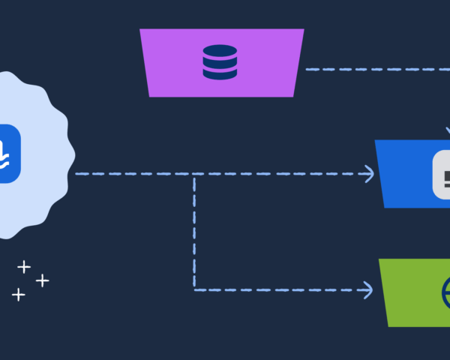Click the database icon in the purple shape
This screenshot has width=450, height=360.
click(220, 62)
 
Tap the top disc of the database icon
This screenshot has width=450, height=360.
click(220, 51)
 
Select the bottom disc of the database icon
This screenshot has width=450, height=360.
click(220, 73)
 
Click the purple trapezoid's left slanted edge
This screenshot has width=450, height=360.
click(145, 63)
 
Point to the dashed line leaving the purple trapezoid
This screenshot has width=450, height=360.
click(375, 69)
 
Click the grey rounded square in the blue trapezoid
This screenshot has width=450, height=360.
click(442, 175)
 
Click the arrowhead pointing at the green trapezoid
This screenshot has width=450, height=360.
click(367, 289)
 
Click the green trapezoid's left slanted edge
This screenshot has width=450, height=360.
click(383, 292)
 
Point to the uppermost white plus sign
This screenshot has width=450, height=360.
click(24, 266)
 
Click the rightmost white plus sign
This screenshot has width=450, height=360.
click(43, 280)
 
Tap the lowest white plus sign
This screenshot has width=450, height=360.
click(19, 295)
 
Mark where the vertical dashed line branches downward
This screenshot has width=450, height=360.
click(195, 175)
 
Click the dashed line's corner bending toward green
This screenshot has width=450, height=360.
click(195, 289)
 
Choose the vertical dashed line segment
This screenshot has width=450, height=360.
click(195, 232)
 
